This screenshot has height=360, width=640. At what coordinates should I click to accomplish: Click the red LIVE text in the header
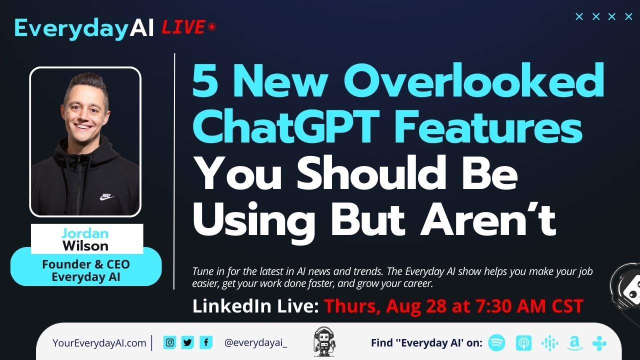(x=183, y=27)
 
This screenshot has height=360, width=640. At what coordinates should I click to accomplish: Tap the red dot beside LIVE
(x=212, y=27)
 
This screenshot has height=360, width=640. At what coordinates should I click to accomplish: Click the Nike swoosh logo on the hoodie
(x=106, y=197)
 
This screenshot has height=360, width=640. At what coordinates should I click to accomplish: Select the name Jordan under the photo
(x=85, y=233)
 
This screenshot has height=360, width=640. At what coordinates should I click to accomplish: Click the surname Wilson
(x=85, y=245)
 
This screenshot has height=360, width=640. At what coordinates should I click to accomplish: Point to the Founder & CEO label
(x=85, y=264)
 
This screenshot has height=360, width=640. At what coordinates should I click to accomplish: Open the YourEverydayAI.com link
(x=99, y=343)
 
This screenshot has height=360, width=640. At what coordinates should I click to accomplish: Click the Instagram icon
(x=170, y=342)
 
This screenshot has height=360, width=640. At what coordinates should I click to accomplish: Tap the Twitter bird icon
(x=187, y=342)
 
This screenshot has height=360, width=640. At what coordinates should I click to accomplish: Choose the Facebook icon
(x=205, y=342)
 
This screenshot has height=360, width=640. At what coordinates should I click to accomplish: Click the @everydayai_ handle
(x=255, y=343)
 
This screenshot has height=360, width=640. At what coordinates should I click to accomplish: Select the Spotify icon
(x=496, y=343)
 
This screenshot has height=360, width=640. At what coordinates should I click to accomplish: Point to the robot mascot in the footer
(x=324, y=342)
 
